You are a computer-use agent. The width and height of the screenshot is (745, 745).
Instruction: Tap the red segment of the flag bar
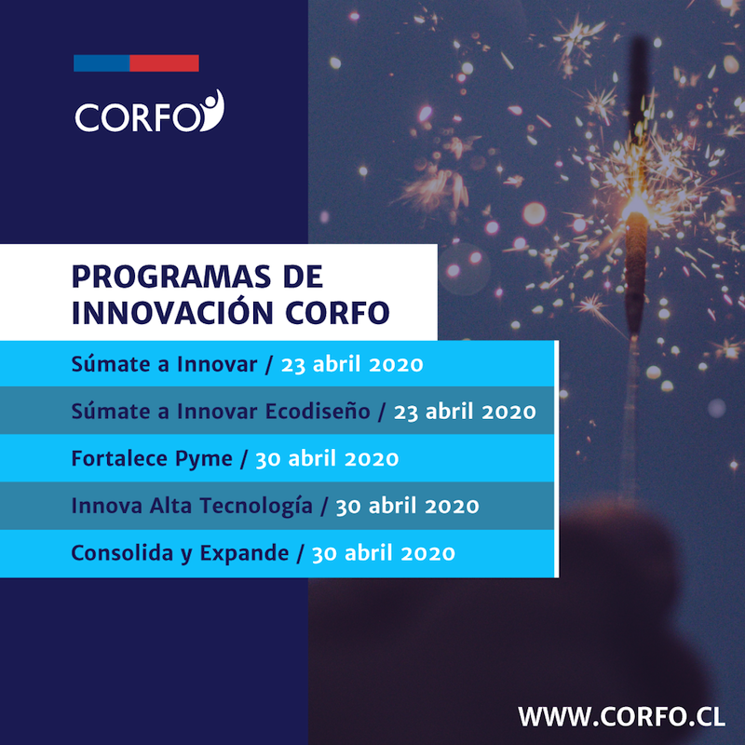(x=164, y=63)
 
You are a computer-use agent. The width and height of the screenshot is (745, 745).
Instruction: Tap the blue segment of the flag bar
(x=102, y=63)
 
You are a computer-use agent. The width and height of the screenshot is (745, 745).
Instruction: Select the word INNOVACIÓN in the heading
(x=172, y=312)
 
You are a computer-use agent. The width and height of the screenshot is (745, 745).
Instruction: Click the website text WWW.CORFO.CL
(x=621, y=716)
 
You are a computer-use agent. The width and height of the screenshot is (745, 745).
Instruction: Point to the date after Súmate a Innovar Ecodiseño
(x=465, y=412)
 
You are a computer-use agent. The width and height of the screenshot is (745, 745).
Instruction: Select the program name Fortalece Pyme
(x=152, y=459)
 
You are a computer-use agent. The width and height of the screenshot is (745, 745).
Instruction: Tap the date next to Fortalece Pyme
(x=327, y=459)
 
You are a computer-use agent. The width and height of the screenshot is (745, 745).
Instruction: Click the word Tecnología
(x=256, y=506)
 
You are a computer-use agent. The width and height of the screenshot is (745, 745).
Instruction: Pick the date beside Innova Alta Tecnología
(x=407, y=507)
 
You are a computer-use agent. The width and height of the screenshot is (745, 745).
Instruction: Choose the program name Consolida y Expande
(x=180, y=553)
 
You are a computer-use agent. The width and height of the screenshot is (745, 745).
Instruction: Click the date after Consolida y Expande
(x=384, y=553)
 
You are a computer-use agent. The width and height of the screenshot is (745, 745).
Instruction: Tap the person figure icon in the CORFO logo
(x=212, y=110)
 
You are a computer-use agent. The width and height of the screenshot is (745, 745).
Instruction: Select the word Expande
(x=244, y=554)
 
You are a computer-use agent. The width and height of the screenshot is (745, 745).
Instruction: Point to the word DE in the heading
(x=304, y=277)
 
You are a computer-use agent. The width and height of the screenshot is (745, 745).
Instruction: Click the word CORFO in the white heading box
(x=337, y=313)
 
